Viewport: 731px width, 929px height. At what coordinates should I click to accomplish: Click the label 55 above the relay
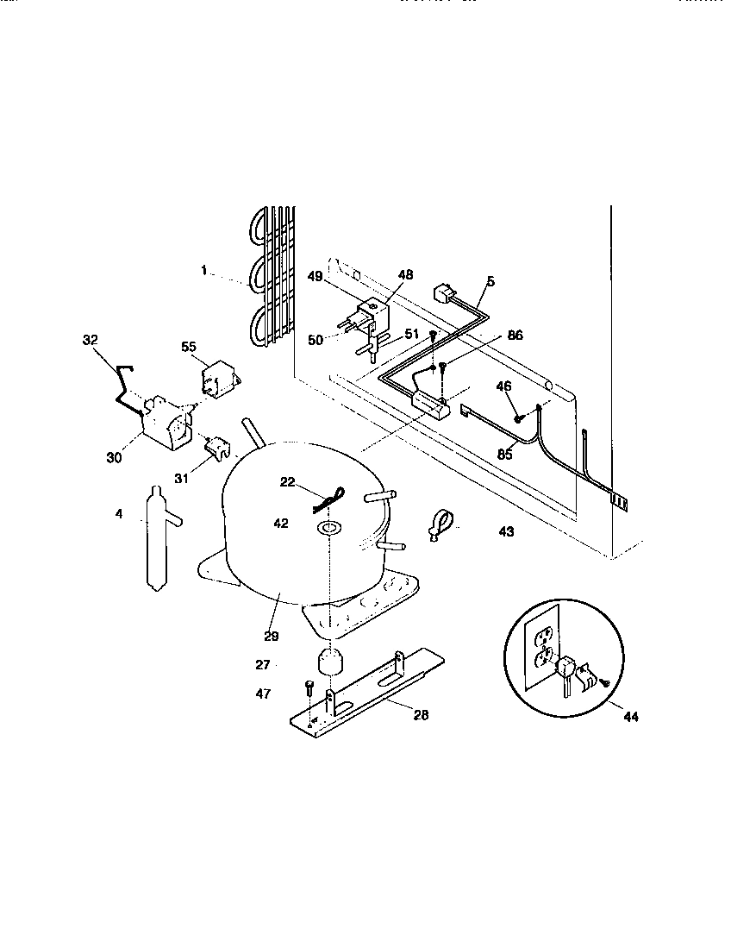pos(189,346)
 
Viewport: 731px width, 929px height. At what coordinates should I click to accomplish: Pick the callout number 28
pos(420,714)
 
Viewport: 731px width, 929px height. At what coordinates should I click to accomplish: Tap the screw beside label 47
pos(309,687)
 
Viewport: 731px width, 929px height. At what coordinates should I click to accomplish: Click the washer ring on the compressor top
pos(328,526)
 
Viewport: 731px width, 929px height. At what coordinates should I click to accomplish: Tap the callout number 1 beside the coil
pos(204,271)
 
